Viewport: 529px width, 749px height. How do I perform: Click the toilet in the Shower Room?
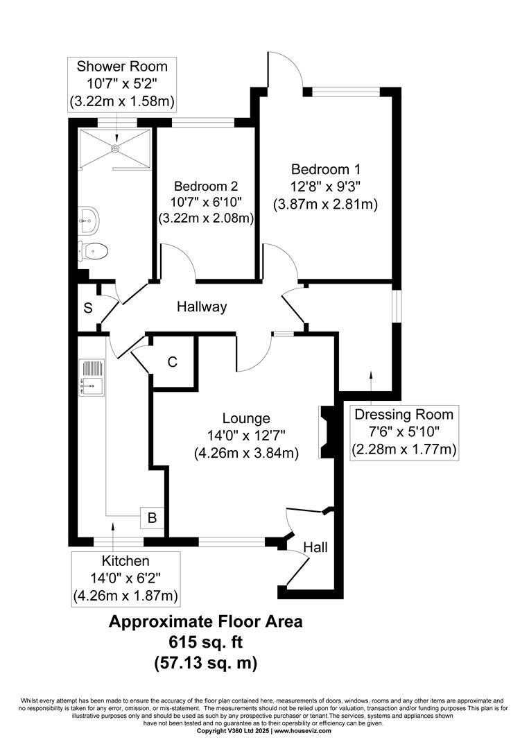(x=94, y=250)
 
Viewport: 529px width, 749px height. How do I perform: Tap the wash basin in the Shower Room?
(x=87, y=221)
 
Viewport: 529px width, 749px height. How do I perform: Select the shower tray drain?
(x=115, y=148)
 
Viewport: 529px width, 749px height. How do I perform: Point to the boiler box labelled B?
(x=152, y=518)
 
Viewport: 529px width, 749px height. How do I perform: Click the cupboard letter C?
(x=173, y=362)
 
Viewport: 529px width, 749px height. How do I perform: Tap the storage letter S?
(x=88, y=308)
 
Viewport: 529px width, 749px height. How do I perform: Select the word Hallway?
(x=202, y=307)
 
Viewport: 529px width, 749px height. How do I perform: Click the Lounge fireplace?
(x=327, y=432)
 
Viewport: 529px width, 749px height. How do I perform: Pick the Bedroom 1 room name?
(x=326, y=169)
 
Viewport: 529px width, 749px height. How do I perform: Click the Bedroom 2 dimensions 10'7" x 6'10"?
(x=206, y=202)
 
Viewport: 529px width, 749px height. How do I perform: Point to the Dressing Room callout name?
(x=404, y=414)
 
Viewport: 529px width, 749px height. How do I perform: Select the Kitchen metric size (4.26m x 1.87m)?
(x=125, y=596)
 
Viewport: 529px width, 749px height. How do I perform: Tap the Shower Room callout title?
(x=122, y=66)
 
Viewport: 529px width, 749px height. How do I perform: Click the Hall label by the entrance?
(x=315, y=547)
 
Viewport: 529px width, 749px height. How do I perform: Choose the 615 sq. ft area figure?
(x=206, y=642)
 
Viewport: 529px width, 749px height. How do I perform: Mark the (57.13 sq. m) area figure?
(x=206, y=663)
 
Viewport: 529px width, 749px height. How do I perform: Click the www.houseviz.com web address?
(x=302, y=731)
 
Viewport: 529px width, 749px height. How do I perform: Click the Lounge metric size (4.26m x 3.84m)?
(x=246, y=452)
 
